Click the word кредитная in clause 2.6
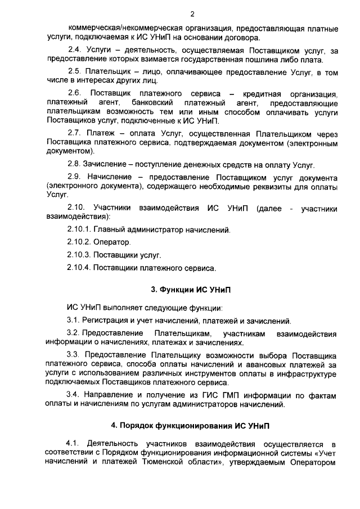pos(264,93)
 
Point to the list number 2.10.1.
pos(78,230)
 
